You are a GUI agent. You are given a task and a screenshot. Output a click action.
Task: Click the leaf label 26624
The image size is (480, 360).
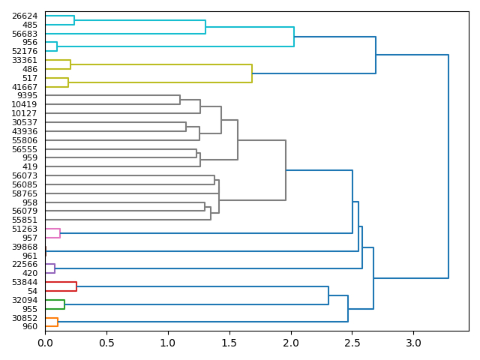click(x=25, y=16)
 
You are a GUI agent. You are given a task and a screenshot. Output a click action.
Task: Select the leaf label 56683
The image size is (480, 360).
click(x=25, y=34)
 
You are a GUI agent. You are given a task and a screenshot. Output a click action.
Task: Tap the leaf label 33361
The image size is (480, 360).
click(x=25, y=60)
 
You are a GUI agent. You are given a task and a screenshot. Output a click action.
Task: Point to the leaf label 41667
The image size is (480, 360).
click(x=25, y=87)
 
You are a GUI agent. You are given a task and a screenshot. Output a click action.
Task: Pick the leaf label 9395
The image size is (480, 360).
click(x=28, y=96)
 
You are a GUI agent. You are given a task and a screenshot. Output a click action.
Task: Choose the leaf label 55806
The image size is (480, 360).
click(x=25, y=140)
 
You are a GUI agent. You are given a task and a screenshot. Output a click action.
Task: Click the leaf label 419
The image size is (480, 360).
click(x=30, y=166)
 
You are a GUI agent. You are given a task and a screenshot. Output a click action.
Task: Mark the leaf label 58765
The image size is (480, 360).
click(x=25, y=193)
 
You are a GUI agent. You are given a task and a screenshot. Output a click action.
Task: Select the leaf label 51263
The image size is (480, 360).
click(x=25, y=229)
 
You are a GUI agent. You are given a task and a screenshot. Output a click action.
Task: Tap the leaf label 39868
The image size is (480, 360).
click(x=25, y=247)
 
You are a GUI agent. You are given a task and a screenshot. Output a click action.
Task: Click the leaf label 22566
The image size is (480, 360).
click(x=25, y=265)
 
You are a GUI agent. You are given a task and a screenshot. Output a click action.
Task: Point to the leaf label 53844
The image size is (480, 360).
click(x=25, y=282)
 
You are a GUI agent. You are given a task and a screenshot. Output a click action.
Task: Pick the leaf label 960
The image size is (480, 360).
click(x=30, y=326)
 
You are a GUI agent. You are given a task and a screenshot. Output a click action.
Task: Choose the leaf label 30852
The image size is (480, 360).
click(x=25, y=318)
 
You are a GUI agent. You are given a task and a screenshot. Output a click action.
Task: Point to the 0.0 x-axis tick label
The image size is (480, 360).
click(x=45, y=343)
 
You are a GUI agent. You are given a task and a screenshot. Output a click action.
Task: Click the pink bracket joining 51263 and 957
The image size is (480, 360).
click(x=60, y=233)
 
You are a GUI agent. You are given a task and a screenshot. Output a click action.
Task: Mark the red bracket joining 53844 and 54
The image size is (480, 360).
click(x=76, y=286)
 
